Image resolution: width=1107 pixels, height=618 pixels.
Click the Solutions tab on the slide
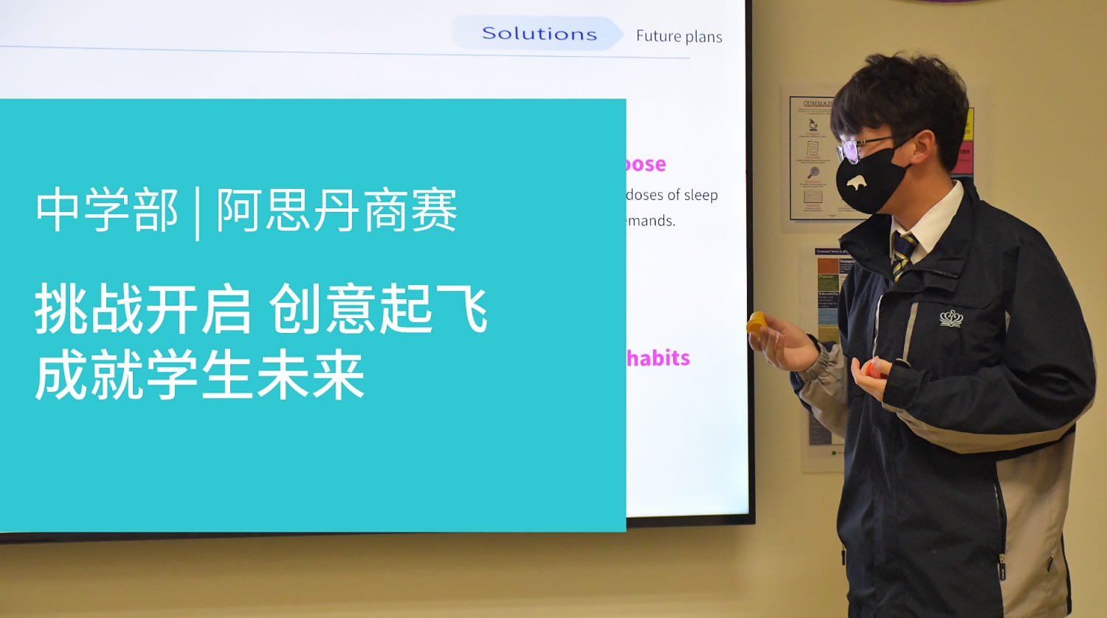(539, 34)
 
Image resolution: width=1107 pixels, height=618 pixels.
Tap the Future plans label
(679, 36)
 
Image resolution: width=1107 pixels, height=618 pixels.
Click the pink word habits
(658, 358)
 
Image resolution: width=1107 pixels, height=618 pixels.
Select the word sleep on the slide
(700, 195)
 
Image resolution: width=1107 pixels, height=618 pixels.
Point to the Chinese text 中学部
(107, 210)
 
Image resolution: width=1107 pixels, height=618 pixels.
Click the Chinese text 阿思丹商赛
(337, 210)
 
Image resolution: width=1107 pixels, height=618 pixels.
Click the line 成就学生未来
(199, 376)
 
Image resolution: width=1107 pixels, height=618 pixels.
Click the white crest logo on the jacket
(951, 318)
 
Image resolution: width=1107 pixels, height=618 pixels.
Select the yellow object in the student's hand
(756, 322)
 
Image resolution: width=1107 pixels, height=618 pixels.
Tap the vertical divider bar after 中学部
(197, 213)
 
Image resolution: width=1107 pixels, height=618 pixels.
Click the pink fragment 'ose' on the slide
(646, 164)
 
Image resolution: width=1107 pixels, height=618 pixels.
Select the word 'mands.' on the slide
(651, 221)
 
